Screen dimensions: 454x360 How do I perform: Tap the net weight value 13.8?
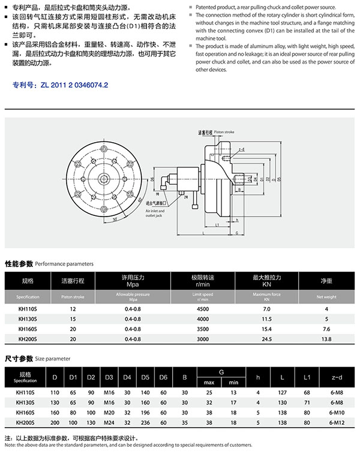[327, 339]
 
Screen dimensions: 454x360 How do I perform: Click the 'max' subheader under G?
[209, 382]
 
